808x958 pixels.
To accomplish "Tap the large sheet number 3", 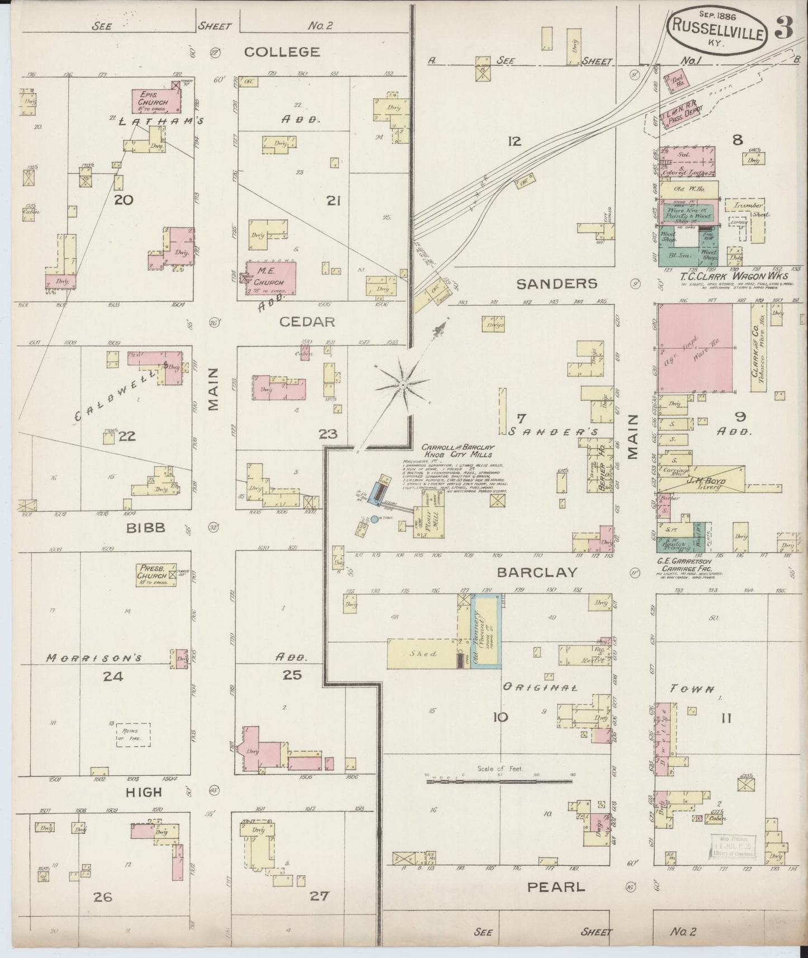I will (x=784, y=29).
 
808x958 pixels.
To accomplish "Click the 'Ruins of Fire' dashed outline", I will (x=133, y=734).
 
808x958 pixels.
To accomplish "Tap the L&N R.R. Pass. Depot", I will (x=679, y=120).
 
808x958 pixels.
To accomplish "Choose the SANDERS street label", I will (x=556, y=284).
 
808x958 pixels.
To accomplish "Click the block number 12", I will (x=514, y=141).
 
